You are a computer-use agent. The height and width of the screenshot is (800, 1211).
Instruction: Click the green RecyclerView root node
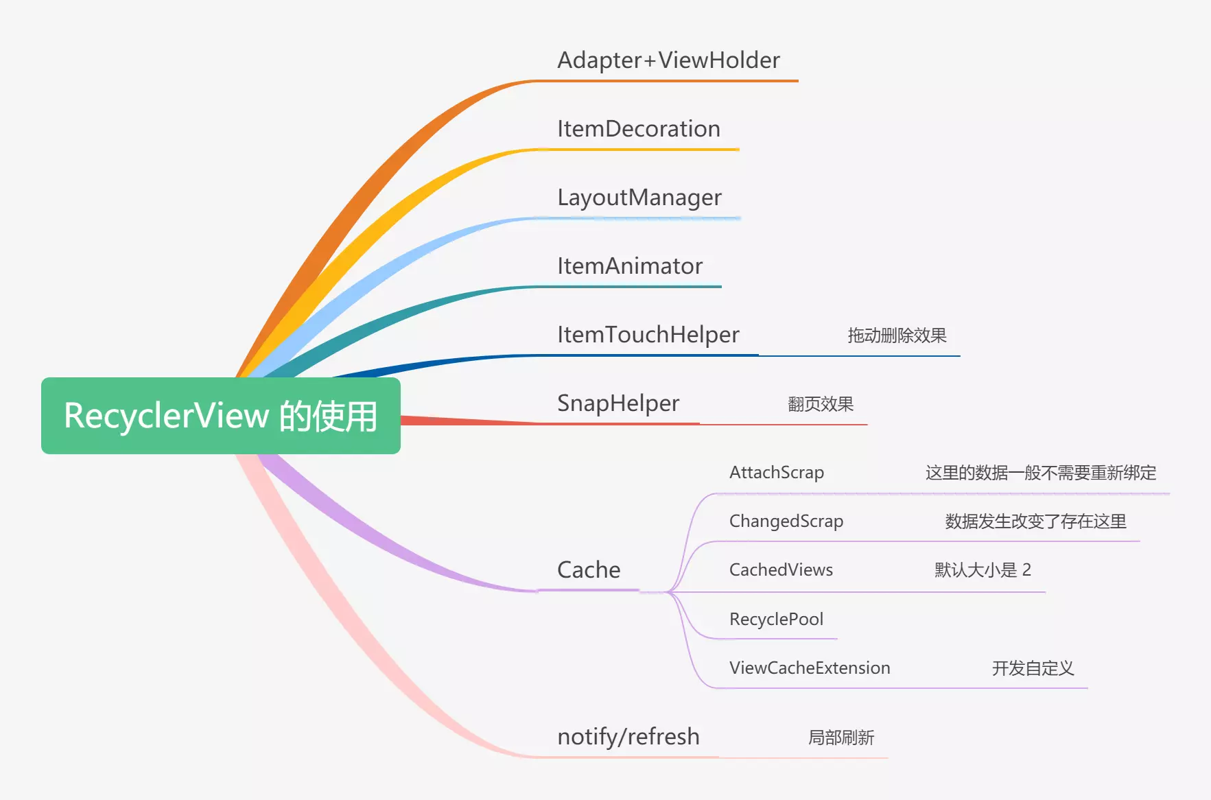coord(221,416)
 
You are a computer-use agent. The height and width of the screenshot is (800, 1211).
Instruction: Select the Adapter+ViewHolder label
coord(669,60)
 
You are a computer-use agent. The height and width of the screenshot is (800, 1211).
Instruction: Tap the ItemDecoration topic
coord(639,129)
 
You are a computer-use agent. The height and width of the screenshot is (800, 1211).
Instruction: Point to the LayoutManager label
coord(639,198)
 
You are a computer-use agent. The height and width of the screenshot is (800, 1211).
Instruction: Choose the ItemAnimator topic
coord(630,266)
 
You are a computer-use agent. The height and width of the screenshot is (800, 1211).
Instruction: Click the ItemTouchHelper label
coord(648,335)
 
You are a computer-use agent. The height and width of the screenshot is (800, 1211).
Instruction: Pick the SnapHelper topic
coord(618,404)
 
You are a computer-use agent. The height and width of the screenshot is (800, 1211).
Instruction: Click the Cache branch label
coord(589,570)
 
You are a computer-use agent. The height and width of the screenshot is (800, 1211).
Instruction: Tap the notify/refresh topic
coord(628,737)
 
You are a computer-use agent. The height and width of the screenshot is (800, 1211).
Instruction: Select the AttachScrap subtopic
coord(777,473)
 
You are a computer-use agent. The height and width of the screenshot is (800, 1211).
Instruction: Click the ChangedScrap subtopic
coord(786,522)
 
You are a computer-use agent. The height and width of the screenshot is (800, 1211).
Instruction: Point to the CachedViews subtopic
coord(781,570)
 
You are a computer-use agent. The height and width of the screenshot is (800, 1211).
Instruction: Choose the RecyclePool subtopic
coord(776,620)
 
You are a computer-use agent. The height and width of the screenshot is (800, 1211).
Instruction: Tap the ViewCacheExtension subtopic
coord(810,668)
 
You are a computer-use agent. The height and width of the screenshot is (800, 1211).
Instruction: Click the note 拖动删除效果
coord(897,336)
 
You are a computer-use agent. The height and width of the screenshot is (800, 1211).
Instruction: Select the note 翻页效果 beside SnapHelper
coord(821,404)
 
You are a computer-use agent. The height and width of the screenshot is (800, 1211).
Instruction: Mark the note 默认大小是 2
coord(983,570)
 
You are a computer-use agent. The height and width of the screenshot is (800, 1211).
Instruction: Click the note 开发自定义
coord(1033,668)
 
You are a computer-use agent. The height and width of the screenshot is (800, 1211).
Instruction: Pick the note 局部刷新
coord(841,738)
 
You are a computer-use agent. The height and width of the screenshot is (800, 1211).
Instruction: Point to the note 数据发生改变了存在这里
coord(1035,521)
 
